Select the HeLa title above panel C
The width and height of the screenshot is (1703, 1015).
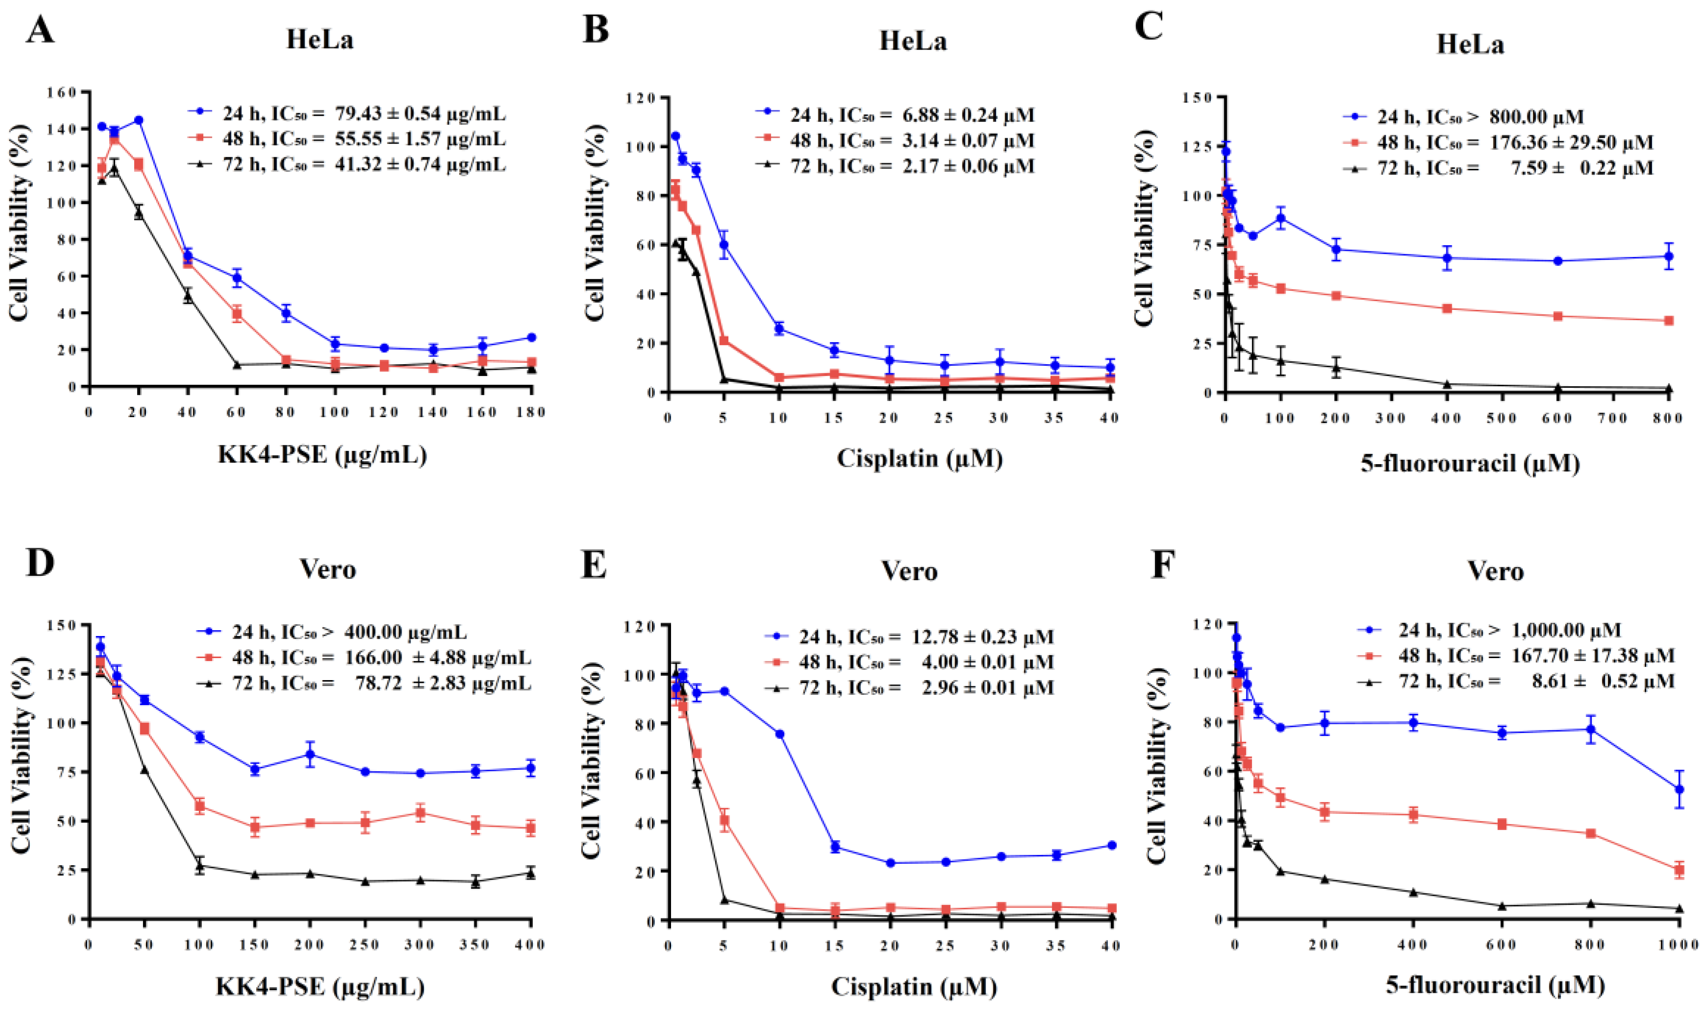(1470, 45)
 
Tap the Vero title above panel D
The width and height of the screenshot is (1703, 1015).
(328, 569)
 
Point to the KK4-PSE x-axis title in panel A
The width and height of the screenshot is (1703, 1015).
(322, 454)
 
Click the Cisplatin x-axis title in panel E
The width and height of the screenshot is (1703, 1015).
(914, 986)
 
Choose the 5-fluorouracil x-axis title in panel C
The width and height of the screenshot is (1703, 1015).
(1470, 464)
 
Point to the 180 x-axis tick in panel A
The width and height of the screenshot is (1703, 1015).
(531, 412)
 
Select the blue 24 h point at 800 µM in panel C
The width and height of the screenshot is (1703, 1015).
(1668, 257)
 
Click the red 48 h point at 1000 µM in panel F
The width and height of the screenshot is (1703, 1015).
(1679, 870)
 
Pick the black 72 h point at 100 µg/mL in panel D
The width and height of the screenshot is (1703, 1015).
(200, 865)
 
